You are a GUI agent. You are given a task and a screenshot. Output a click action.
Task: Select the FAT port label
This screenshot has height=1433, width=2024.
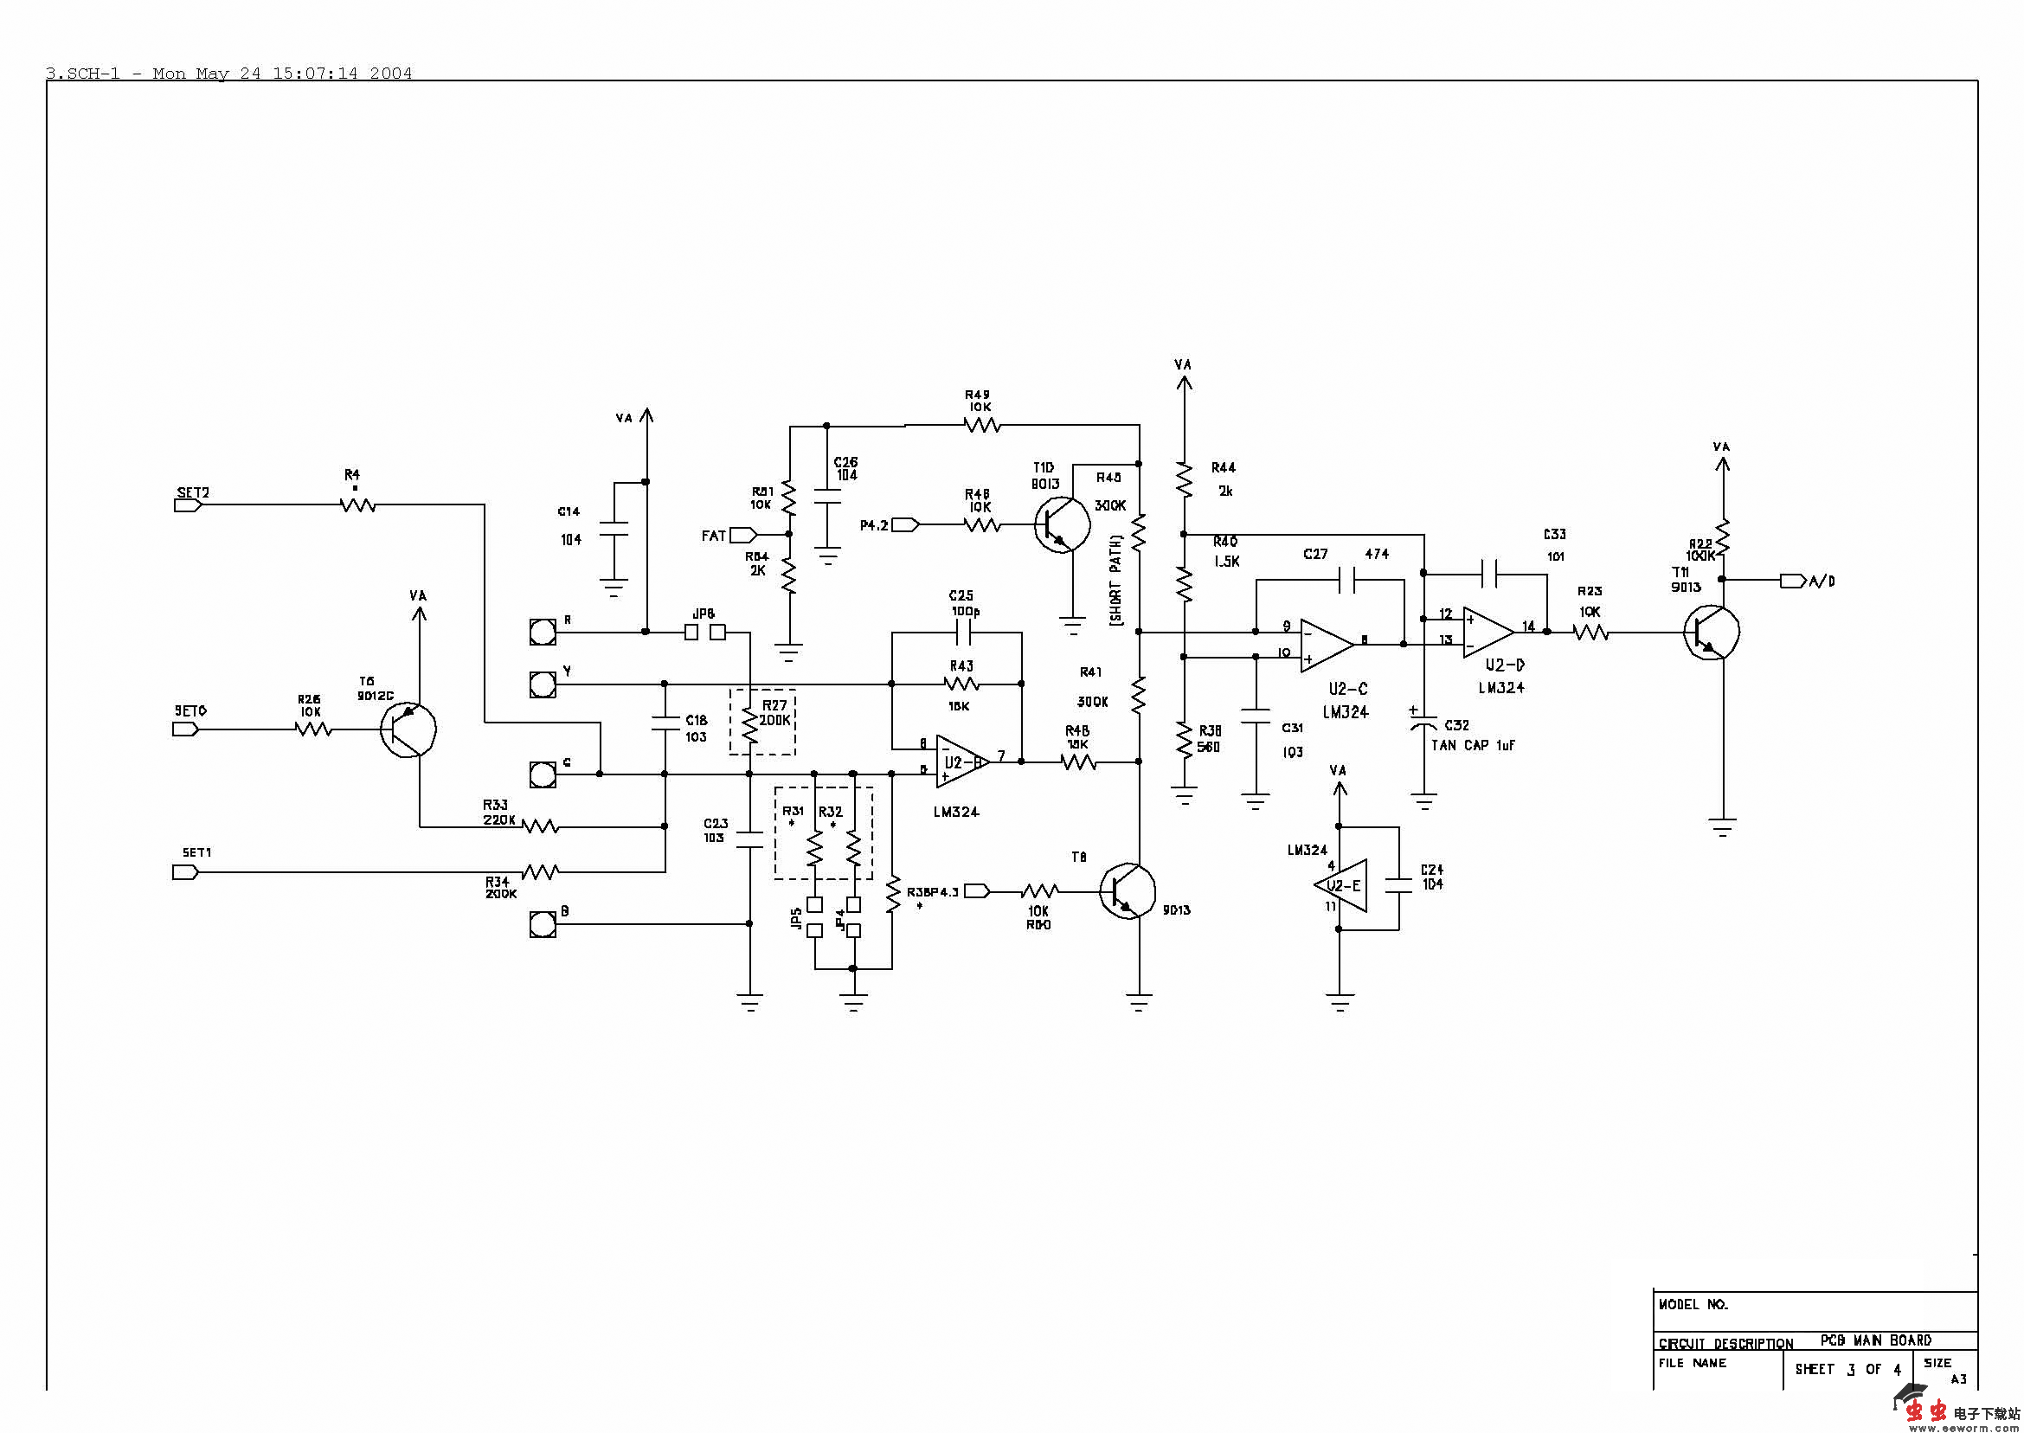tap(714, 536)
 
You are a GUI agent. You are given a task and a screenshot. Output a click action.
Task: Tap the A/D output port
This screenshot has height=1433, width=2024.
tap(1793, 581)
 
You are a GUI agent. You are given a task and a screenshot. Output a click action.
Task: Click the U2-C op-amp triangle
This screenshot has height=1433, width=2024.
tap(1326, 644)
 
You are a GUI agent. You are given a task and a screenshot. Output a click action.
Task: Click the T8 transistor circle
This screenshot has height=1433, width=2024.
tap(1127, 892)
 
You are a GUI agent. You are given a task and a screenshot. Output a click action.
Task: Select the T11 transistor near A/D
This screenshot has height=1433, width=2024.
tap(1712, 632)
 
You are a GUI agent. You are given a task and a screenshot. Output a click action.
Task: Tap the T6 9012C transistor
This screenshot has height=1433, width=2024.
tap(408, 729)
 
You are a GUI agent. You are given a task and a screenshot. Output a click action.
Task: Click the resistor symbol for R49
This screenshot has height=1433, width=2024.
tap(981, 427)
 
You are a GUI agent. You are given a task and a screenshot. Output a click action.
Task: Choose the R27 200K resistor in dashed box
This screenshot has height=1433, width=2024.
tap(750, 724)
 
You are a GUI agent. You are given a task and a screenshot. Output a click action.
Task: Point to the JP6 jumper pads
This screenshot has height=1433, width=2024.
tap(704, 632)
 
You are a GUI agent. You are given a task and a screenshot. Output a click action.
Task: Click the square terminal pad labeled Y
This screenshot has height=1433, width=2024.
tap(542, 684)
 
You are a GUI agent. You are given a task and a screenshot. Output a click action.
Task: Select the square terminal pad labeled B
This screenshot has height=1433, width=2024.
tap(542, 924)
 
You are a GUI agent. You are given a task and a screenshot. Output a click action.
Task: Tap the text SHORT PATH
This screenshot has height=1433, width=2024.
tap(1116, 580)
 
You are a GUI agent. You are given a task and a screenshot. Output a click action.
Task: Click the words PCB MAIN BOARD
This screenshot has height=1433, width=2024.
tap(1875, 1340)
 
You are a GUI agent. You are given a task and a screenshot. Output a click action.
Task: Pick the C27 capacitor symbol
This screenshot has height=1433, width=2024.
tap(1346, 580)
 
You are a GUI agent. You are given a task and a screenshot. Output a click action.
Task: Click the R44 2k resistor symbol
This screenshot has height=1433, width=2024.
tap(1184, 480)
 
